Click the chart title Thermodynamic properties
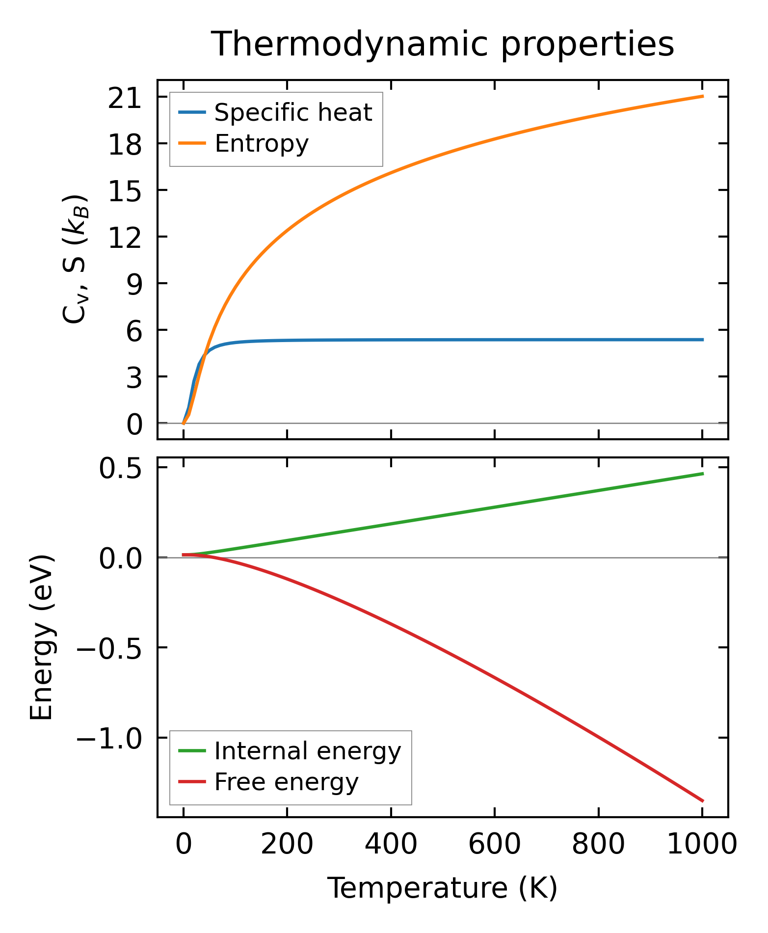(x=442, y=45)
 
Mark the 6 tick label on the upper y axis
(x=133, y=333)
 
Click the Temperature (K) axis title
(x=442, y=888)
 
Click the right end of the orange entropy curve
(x=703, y=96)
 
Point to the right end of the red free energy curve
(x=703, y=801)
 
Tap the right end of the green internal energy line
(x=703, y=474)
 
